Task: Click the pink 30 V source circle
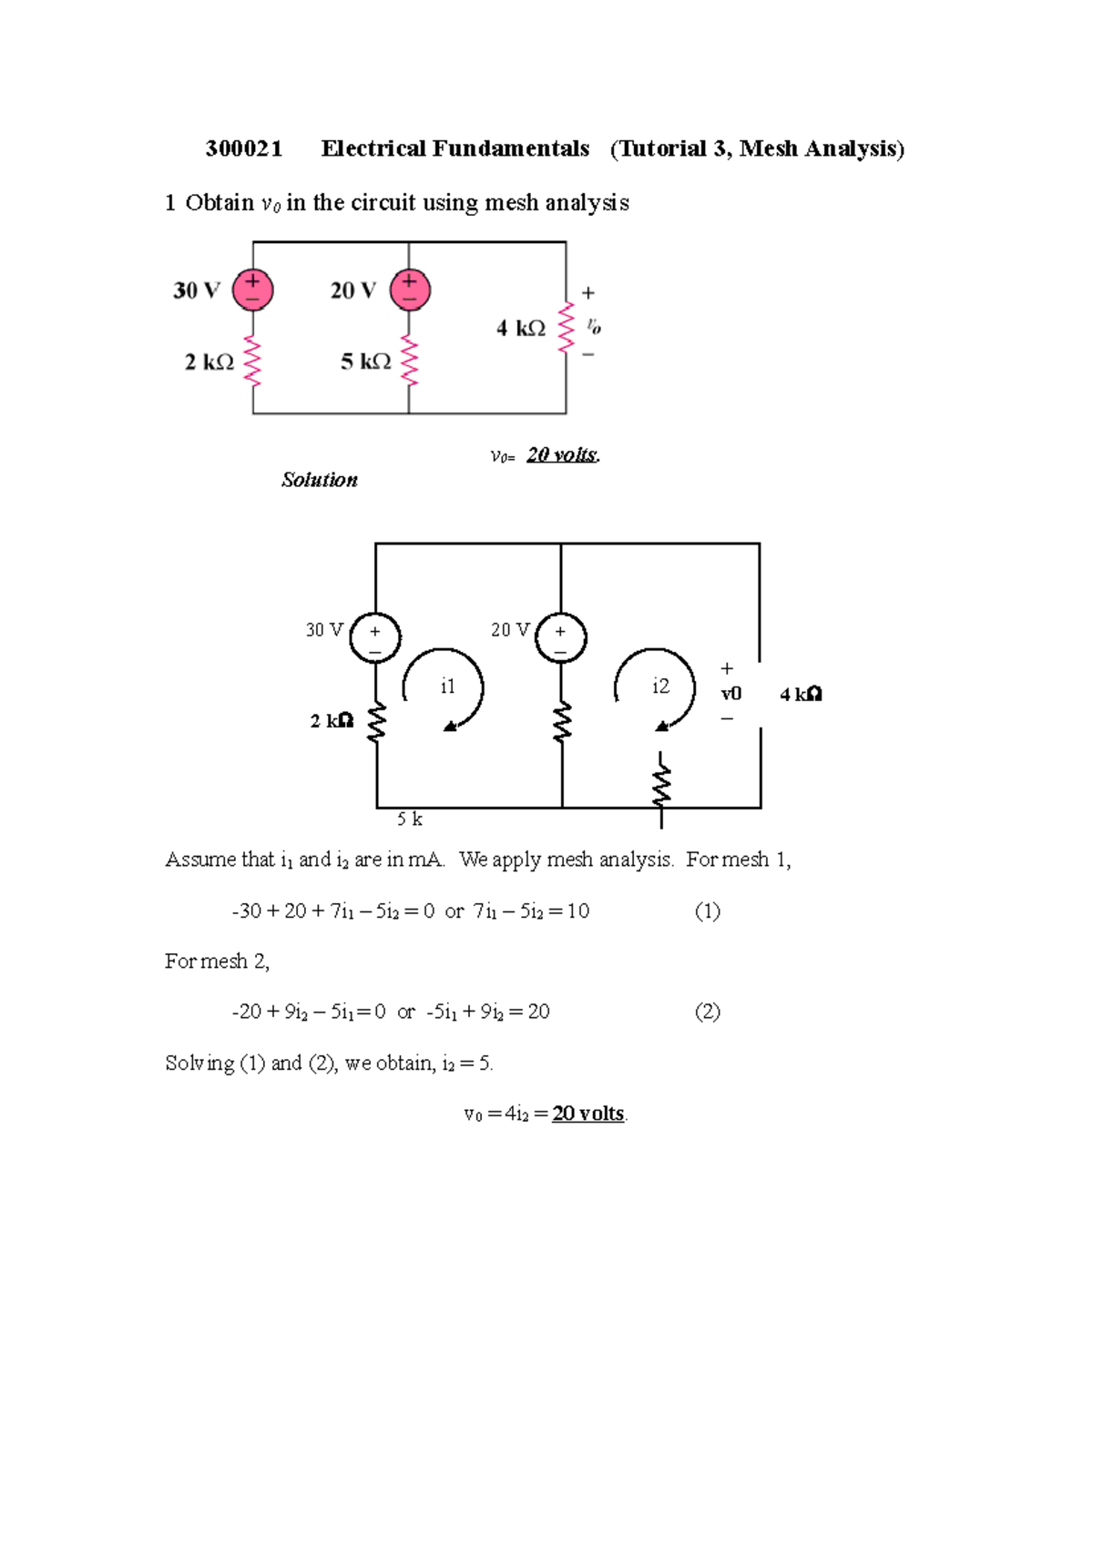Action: pos(252,290)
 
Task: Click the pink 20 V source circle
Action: pos(410,290)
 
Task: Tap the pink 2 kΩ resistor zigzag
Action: pos(252,361)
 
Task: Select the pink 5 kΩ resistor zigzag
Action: pos(410,361)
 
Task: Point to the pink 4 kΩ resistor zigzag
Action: pos(567,327)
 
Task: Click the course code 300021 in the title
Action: pos(244,149)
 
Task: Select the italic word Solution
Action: pos(320,480)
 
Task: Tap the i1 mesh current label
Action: pos(447,687)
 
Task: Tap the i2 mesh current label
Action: pos(660,687)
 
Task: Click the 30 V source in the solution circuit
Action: pos(375,637)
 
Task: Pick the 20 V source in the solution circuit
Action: pos(560,637)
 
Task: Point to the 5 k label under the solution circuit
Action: pos(410,819)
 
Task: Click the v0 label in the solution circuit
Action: pos(731,694)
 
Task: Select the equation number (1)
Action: pos(708,911)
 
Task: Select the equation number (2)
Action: pos(708,1012)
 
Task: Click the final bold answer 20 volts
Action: pos(588,1114)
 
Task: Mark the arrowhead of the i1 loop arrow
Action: pos(450,726)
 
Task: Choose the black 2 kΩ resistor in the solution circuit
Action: pos(376,722)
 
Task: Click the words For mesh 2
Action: pos(217,961)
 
